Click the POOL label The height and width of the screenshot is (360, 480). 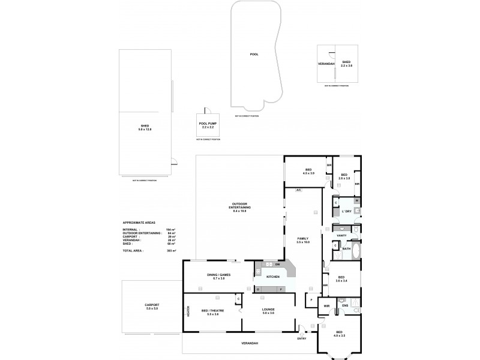click(x=254, y=54)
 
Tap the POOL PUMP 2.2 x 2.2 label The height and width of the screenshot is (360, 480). click(x=208, y=126)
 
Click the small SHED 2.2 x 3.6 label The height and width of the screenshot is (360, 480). click(x=346, y=64)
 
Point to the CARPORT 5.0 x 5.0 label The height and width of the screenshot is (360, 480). click(x=152, y=307)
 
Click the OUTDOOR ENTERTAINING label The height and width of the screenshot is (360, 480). click(x=239, y=208)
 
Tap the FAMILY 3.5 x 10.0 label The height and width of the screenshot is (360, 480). click(x=303, y=241)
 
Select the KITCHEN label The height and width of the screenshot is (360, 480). click(x=273, y=277)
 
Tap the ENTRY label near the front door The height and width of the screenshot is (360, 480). click(x=301, y=338)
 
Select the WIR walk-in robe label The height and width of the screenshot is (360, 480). click(x=327, y=306)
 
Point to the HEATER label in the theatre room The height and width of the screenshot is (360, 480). click(x=188, y=313)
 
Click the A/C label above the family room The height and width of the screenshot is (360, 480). click(x=298, y=190)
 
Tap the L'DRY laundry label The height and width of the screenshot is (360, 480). click(x=346, y=211)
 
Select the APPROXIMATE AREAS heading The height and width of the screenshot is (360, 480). click(x=138, y=222)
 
